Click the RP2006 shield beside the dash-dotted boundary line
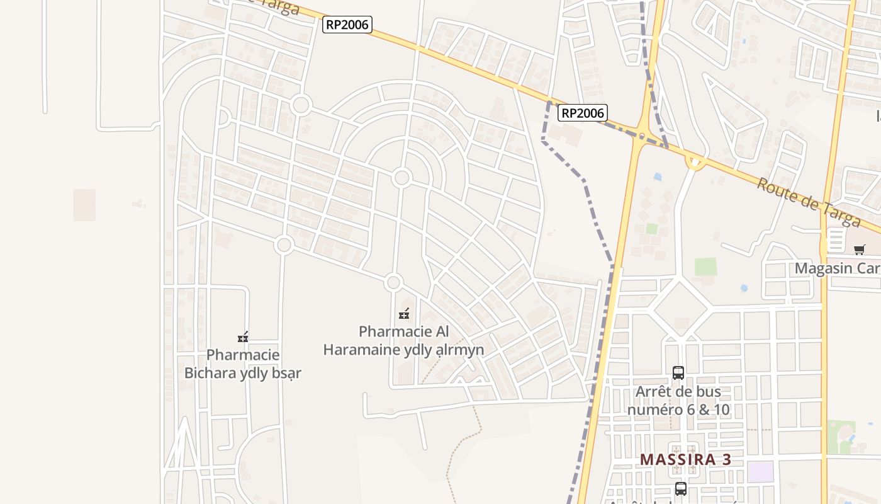(x=582, y=113)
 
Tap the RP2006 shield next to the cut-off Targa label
(x=347, y=25)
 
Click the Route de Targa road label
(x=808, y=202)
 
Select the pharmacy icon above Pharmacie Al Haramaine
(x=404, y=313)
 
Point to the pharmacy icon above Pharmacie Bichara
(x=243, y=337)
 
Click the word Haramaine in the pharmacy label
(x=368, y=350)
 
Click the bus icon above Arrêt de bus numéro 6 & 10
(x=678, y=372)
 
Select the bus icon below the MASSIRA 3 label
(x=680, y=488)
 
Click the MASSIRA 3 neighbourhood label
(x=685, y=459)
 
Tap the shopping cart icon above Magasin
(x=859, y=249)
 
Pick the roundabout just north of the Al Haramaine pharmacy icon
(x=394, y=282)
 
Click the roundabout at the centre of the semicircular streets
(x=401, y=178)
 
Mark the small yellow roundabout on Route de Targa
(x=695, y=163)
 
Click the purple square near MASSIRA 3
(x=760, y=472)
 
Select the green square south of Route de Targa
(x=705, y=266)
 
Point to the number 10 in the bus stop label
(x=721, y=409)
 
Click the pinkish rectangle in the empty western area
(x=84, y=205)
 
